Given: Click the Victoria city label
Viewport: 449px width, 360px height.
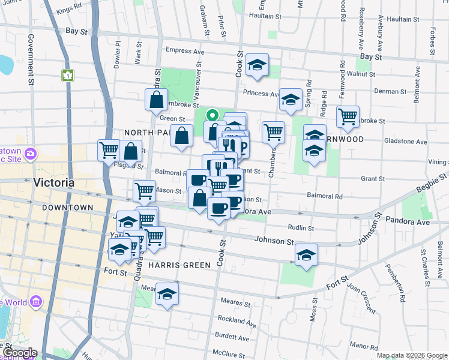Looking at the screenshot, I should tap(54, 182).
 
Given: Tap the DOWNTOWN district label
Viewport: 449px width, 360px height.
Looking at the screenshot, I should tap(68, 208).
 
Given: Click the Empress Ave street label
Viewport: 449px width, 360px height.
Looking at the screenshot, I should tap(186, 52).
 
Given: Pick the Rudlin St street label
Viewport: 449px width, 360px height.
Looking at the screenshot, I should tap(301, 228).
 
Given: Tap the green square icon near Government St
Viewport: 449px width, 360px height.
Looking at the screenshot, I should tap(67, 76).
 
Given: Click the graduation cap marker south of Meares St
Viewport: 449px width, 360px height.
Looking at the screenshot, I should tap(167, 295).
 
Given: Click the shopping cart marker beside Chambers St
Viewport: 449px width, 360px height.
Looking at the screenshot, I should tap(273, 131).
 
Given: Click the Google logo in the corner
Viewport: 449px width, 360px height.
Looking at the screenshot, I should tap(19, 353).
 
